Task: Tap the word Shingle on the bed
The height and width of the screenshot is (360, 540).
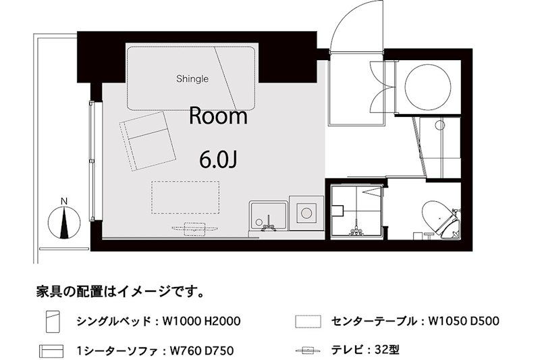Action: pyautogui.click(x=192, y=78)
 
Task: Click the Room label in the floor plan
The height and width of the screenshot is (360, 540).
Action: pyautogui.click(x=217, y=116)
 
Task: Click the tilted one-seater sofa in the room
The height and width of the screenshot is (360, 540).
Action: pyautogui.click(x=145, y=140)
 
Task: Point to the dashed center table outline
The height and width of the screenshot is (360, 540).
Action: pyautogui.click(x=185, y=197)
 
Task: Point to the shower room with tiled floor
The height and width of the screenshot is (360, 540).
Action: pyautogui.click(x=356, y=209)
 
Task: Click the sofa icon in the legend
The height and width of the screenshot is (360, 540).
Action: pyautogui.click(x=51, y=351)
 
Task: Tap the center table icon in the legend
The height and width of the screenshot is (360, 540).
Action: pyautogui.click(x=306, y=320)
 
